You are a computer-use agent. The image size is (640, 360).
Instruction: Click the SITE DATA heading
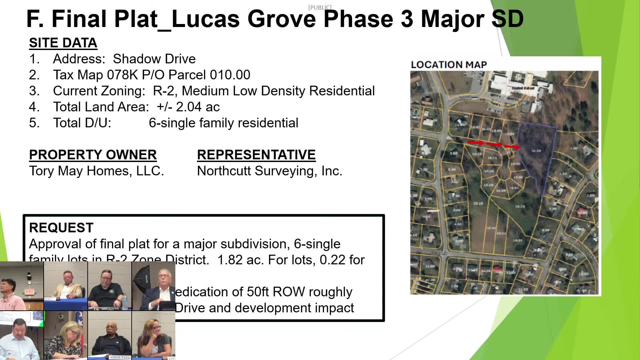(63, 43)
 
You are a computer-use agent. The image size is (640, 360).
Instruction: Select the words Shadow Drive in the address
(154, 59)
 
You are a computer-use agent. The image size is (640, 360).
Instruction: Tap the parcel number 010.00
(230, 75)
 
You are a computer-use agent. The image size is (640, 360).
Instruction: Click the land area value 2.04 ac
(198, 107)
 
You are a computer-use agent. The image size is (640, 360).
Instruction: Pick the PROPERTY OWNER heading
(93, 155)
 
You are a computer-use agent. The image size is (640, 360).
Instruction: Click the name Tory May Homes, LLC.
(96, 171)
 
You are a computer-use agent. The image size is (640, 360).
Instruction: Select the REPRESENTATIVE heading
(256, 155)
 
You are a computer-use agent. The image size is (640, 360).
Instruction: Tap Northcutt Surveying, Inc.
(269, 171)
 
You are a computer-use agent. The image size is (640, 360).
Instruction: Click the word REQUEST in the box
(61, 228)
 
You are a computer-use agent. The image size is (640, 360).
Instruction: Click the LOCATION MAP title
(449, 65)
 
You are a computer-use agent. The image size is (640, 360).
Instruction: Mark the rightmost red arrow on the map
(512, 147)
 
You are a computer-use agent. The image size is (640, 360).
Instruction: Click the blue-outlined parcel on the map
(535, 157)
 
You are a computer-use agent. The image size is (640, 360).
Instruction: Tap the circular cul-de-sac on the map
(503, 173)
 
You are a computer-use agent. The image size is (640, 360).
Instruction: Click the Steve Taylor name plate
(120, 357)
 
